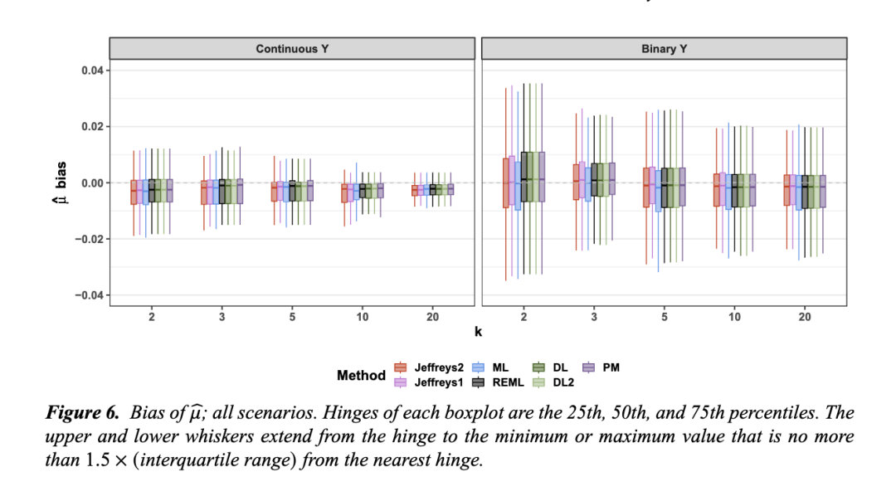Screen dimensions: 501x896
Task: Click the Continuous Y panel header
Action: [x=291, y=49]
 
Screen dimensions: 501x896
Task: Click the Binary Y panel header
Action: [x=664, y=49]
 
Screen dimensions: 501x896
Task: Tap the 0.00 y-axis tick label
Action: [x=91, y=182]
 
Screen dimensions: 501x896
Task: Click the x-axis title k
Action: [x=478, y=333]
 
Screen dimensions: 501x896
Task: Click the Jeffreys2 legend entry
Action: [x=428, y=367]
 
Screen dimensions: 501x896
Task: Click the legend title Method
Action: [x=361, y=375]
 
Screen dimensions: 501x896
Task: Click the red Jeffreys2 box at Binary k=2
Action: [x=505, y=182]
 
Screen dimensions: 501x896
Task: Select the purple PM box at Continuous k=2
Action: [x=169, y=192]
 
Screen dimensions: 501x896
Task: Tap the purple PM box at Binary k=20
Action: [x=823, y=191]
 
